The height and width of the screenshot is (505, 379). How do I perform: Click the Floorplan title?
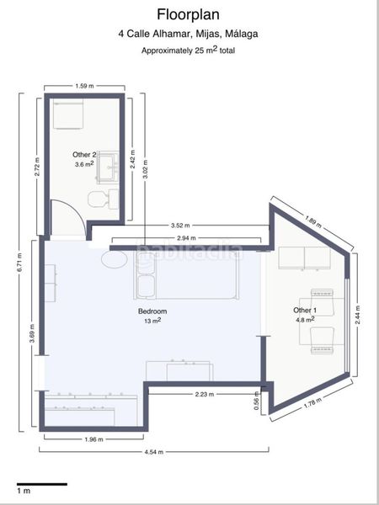coord(188,15)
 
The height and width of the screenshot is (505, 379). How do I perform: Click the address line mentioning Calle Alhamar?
coord(188,34)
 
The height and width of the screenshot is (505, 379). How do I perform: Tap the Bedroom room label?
coord(152,311)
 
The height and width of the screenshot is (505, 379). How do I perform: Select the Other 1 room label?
coord(305,311)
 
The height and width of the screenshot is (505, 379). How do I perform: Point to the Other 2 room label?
coord(84,155)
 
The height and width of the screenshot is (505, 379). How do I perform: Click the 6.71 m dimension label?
coord(20,263)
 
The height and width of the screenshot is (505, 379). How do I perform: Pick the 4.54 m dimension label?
coord(154,452)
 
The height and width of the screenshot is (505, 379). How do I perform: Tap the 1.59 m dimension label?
coord(84,86)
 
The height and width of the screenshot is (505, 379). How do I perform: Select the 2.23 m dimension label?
coord(204,394)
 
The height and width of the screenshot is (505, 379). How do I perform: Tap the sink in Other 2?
coord(108,167)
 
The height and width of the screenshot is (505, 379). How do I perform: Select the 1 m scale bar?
coord(42,484)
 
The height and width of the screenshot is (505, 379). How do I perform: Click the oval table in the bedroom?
coord(115,259)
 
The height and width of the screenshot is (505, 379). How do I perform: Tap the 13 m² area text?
coord(152,321)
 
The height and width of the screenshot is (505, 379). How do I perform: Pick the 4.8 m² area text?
coord(305,320)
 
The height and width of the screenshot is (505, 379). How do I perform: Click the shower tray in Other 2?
coord(68,114)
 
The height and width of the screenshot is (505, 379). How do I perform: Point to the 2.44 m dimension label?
coord(359,316)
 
